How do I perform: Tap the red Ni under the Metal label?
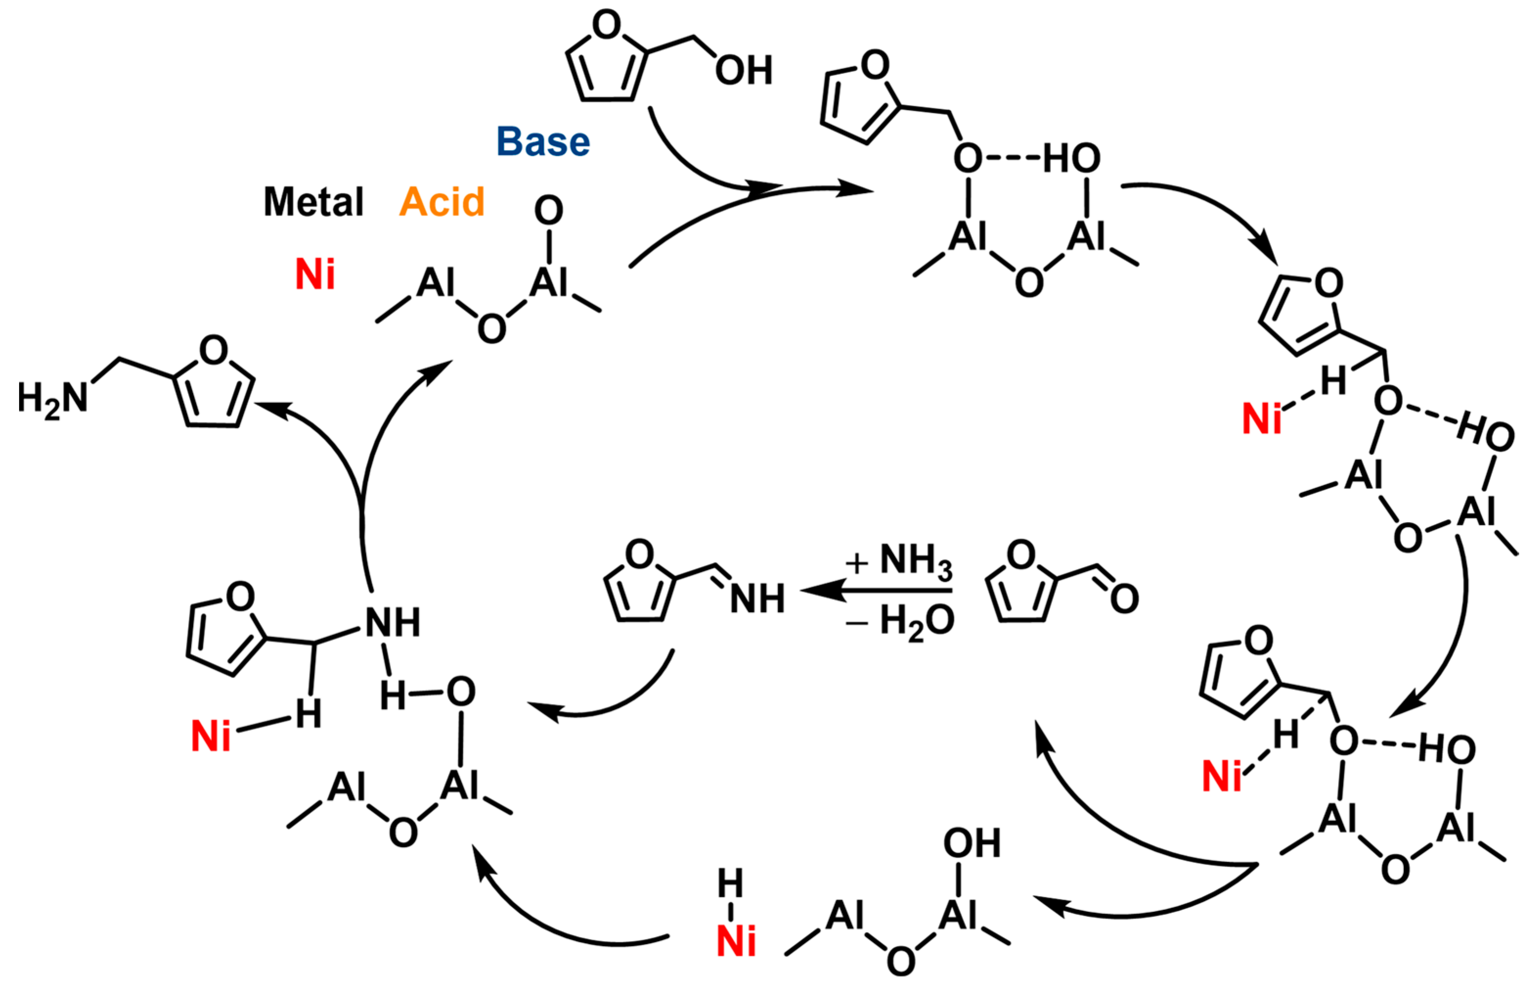click(x=315, y=275)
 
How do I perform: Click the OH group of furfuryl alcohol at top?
click(x=743, y=70)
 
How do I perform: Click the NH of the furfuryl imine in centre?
click(x=758, y=599)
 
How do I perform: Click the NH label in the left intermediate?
click(x=393, y=622)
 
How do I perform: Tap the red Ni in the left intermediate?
click(x=211, y=736)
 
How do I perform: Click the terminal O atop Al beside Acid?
click(x=549, y=211)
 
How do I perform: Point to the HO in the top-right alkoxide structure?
click(x=1071, y=158)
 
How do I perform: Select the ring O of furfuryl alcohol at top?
click(x=607, y=26)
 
